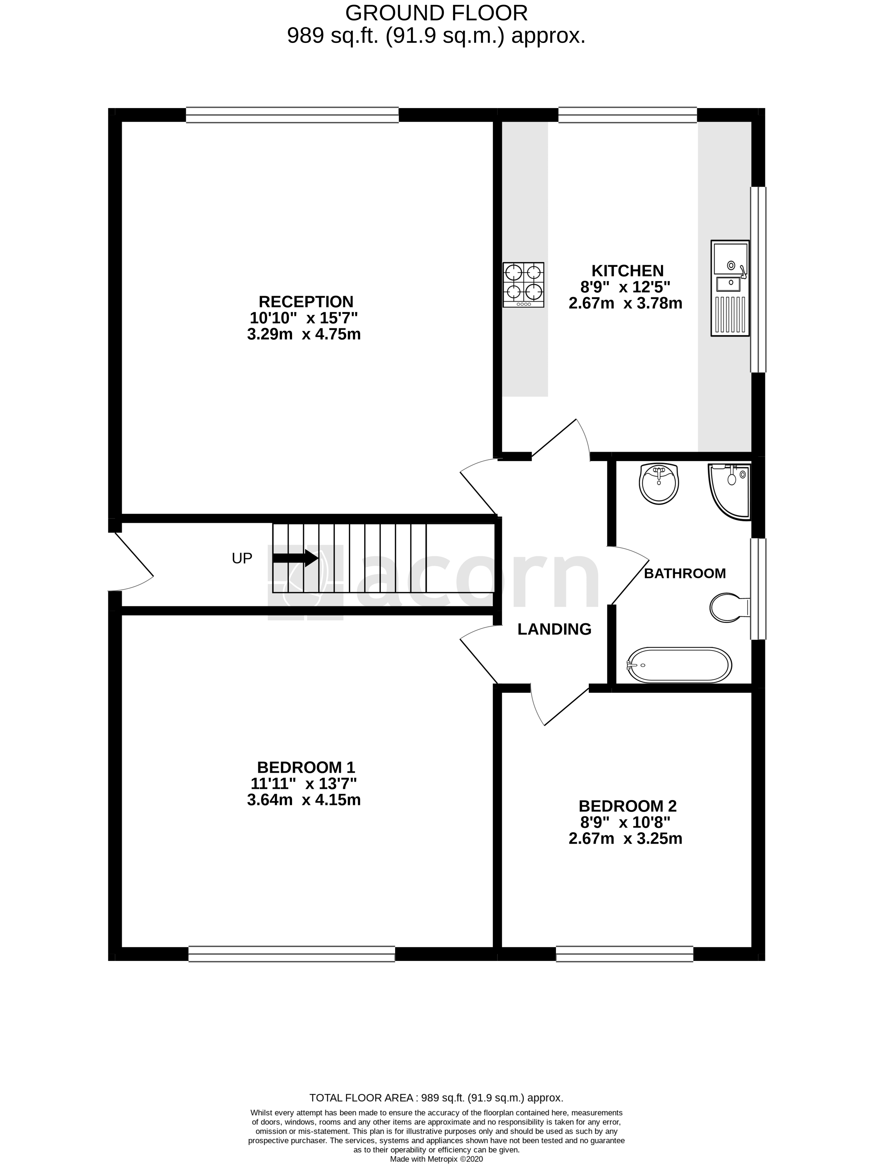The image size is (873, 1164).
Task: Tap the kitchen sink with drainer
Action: coord(729,288)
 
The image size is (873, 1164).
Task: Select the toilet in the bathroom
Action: coord(729,607)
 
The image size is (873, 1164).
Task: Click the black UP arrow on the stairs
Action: coord(295,558)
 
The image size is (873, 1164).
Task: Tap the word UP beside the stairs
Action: coord(242,558)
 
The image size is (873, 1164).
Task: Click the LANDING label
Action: coord(554,629)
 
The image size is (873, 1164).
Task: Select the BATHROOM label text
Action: coord(685,574)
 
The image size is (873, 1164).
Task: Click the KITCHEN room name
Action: coord(627,271)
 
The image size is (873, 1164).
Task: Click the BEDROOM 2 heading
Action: coord(627,806)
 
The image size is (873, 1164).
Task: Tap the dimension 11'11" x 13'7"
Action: coord(303,784)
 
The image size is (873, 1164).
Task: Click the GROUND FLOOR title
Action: coord(436,13)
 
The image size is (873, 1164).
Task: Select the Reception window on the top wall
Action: coord(292,115)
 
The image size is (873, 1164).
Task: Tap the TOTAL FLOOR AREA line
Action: coord(436,1098)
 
